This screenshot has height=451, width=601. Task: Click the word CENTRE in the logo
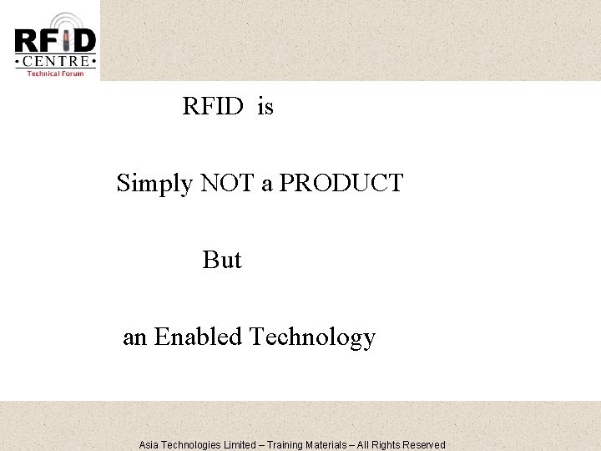(55, 61)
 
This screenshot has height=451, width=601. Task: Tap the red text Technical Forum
(55, 73)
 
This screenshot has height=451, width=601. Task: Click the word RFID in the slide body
(212, 108)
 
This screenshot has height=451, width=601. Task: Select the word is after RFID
(265, 108)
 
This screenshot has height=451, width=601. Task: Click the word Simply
(154, 183)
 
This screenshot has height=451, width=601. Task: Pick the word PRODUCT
(341, 182)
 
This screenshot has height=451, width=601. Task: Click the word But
(222, 260)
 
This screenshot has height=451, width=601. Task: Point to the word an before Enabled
(135, 338)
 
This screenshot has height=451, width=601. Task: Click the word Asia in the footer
(150, 445)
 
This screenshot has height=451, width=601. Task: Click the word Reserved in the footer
(422, 445)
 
